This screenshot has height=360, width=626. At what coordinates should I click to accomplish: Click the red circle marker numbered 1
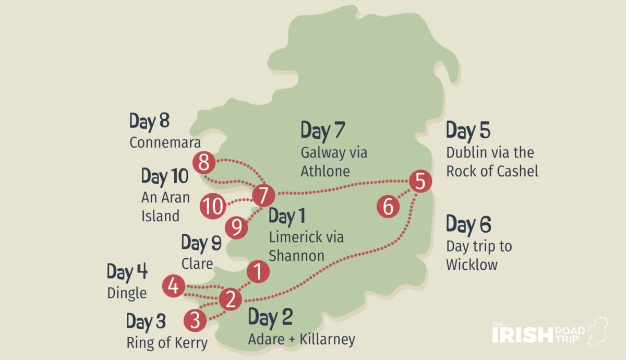257,272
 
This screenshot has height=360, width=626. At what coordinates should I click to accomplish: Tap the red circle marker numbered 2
230,299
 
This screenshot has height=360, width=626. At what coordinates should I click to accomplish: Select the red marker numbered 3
195,320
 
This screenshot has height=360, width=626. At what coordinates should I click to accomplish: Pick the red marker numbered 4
173,286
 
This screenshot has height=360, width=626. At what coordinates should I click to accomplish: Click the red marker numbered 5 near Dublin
420,182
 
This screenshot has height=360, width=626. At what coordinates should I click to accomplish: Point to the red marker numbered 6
388,207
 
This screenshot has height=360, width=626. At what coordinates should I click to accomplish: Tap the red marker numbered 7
263,196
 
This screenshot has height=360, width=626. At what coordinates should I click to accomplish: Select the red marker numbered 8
203,163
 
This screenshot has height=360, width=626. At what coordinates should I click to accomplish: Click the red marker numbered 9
236,227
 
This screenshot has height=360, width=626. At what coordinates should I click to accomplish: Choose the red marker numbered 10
213,206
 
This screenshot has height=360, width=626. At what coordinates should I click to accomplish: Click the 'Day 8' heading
150,122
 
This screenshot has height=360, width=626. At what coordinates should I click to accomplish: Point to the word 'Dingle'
127,293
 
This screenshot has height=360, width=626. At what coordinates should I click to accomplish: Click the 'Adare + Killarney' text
302,340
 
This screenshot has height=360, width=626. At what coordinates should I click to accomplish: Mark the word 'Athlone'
325,171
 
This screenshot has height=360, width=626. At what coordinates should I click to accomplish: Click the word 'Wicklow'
472,264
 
